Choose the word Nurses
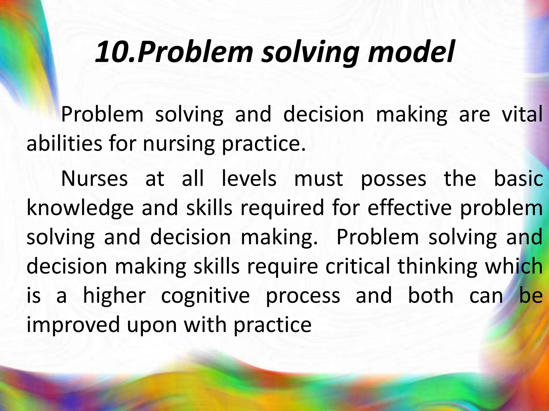click(x=94, y=179)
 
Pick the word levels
click(x=249, y=179)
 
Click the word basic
click(x=518, y=179)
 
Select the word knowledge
click(x=80, y=208)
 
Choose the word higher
click(x=114, y=296)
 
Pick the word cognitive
click(x=205, y=296)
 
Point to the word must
click(x=318, y=179)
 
